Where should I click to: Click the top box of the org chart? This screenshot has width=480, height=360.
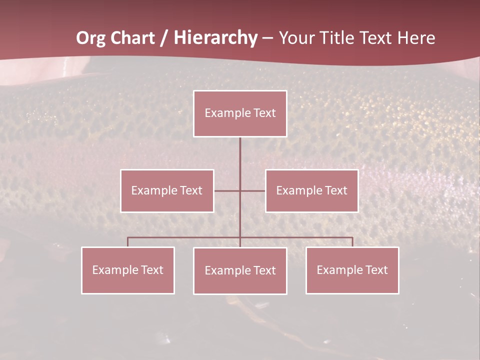point(240,113)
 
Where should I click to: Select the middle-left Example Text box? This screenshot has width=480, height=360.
point(167,190)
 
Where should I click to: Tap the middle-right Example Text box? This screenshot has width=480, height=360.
point(312,190)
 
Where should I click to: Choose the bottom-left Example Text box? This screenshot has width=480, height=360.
point(128,270)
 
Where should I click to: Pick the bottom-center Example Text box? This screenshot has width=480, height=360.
point(240,270)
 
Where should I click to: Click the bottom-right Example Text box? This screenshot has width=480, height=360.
point(352,270)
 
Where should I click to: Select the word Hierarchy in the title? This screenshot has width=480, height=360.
point(215,38)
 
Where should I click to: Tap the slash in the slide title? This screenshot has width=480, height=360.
point(164,38)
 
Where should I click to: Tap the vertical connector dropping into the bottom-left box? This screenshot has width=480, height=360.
point(128,242)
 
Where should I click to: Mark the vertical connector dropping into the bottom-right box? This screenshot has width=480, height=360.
point(352,242)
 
